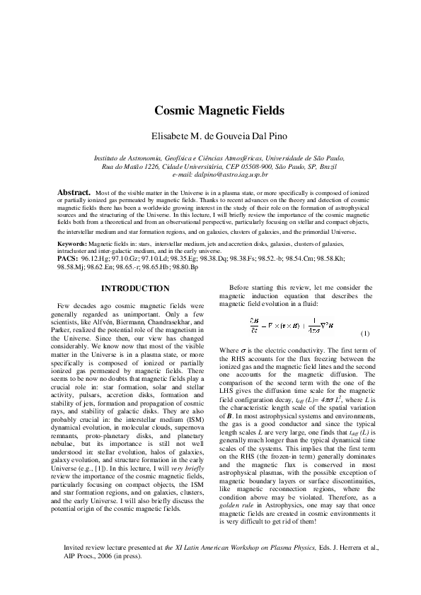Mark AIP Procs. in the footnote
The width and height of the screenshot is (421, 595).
click(x=81, y=575)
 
